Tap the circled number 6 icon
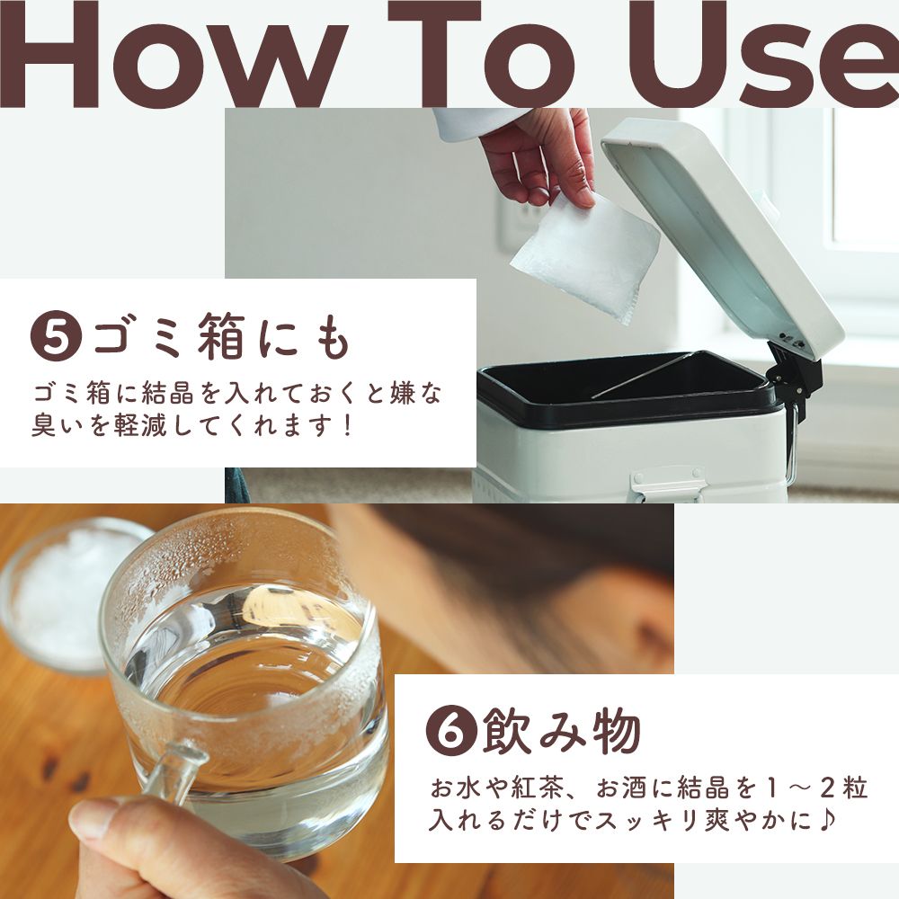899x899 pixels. pos(449,734)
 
